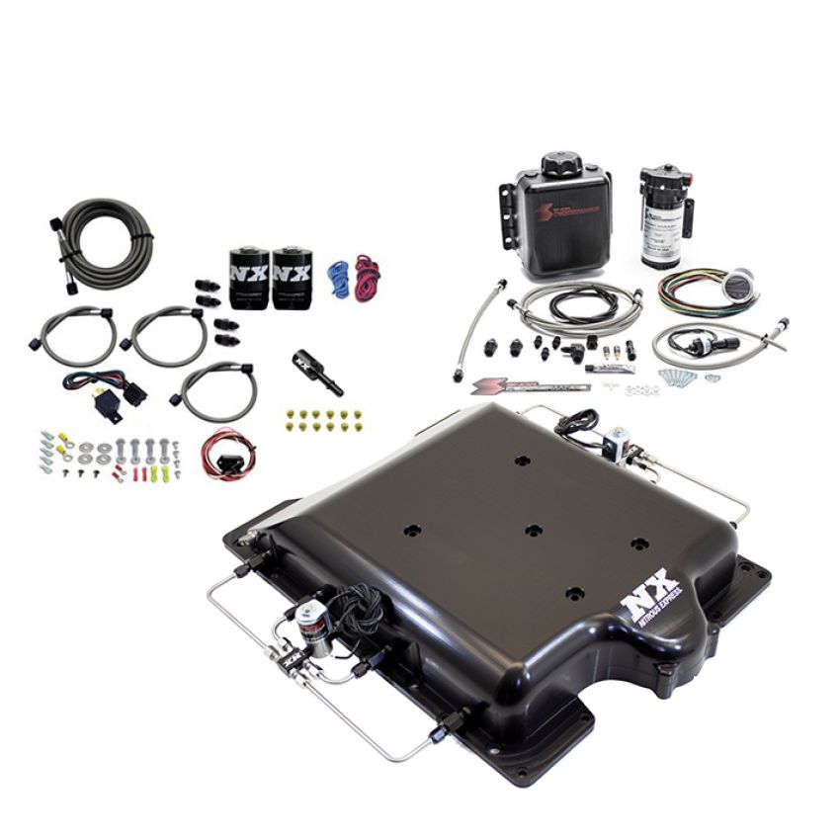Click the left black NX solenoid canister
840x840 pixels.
[250, 279]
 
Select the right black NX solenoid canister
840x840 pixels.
[293, 279]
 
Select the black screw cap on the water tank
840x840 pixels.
[560, 164]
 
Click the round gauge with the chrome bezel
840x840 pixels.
[735, 287]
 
